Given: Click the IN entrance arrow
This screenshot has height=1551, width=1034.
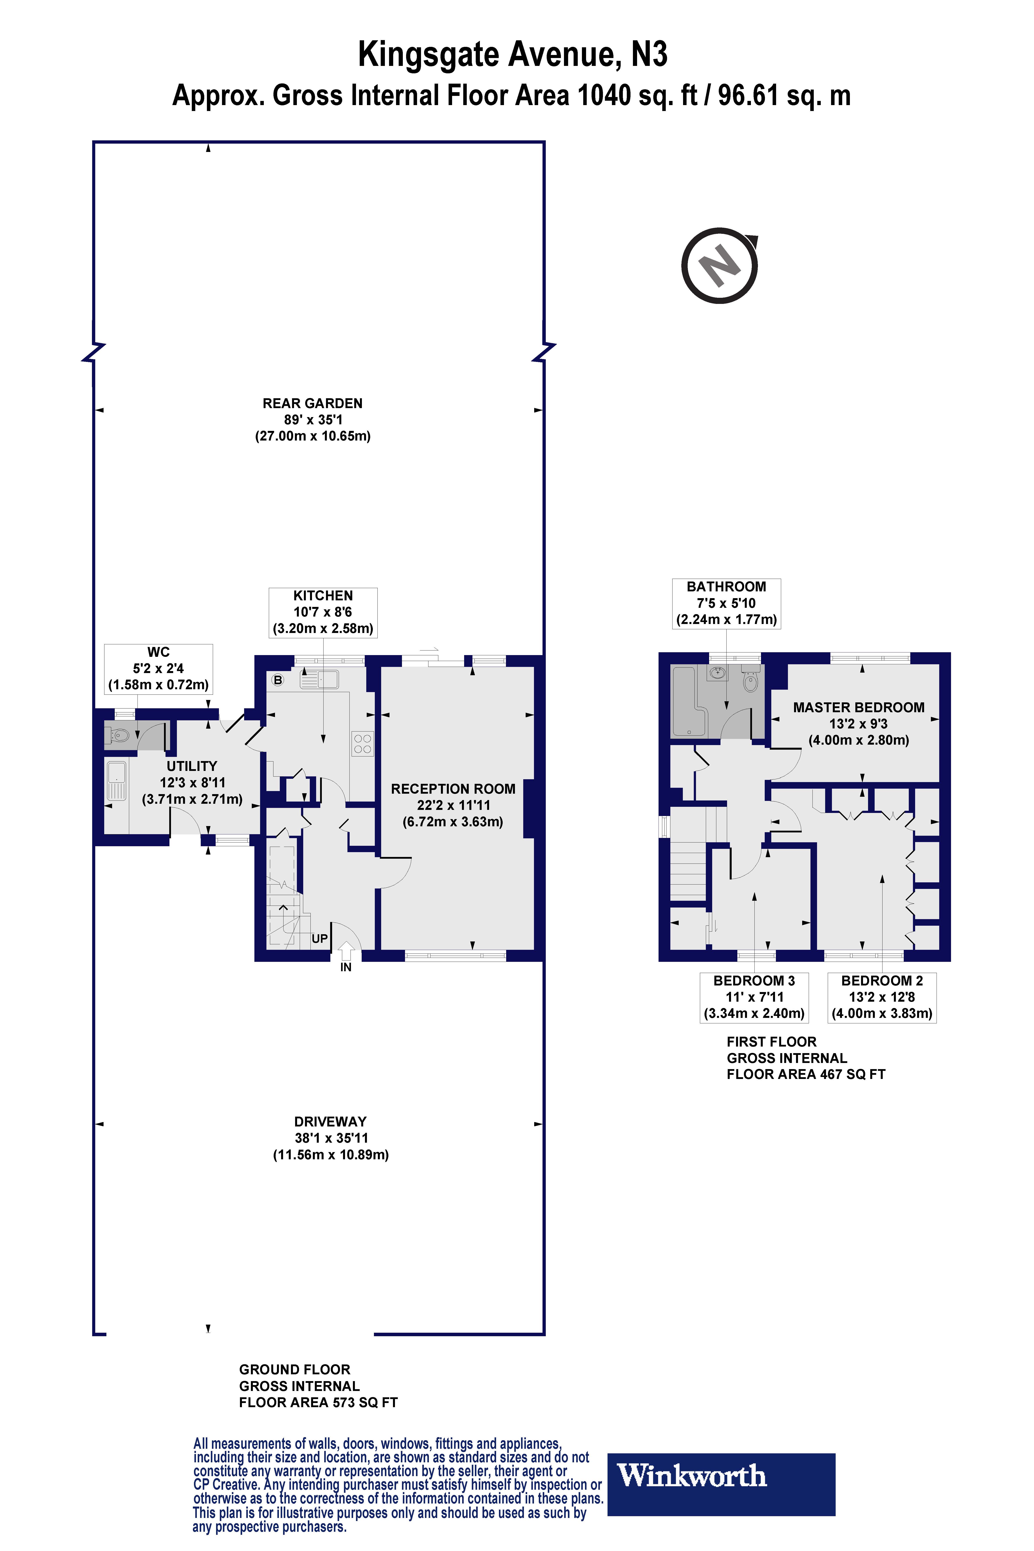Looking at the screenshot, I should pos(345,952).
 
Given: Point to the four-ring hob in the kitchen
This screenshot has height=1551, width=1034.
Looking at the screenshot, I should pos(362,744).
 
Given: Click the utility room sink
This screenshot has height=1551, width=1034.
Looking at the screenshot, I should pos(116,781).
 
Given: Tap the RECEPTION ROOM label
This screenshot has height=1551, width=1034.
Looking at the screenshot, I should pos(453,789).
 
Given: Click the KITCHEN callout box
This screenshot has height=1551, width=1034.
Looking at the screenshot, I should pos(323,612).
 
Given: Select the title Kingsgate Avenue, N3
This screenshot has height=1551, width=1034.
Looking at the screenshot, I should pos(512,55).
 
